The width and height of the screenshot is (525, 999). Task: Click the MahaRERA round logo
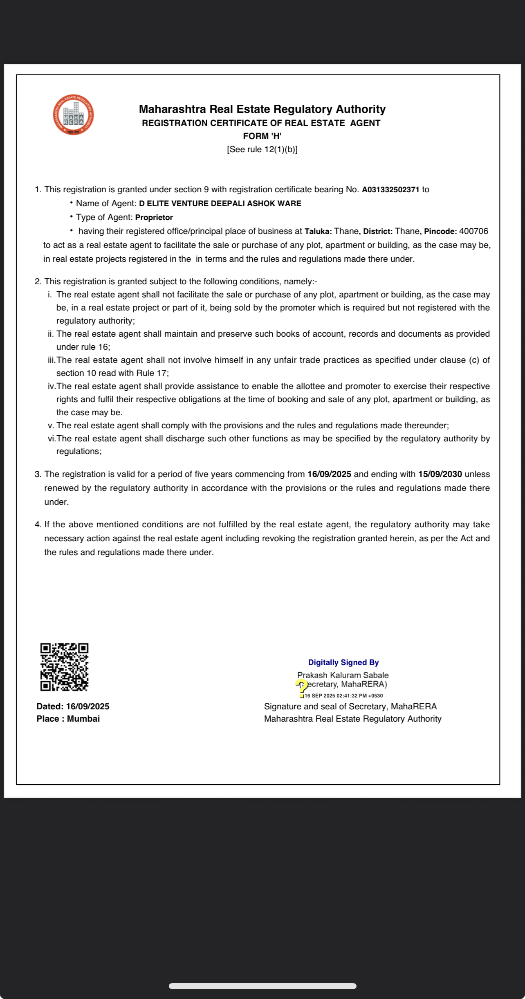coord(73,115)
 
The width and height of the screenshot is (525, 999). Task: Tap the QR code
coord(64,667)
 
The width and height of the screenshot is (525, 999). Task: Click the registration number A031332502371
coord(390,190)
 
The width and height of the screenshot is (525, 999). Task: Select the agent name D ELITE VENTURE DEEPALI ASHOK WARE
coord(220,204)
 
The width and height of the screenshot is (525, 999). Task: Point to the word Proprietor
coord(154,218)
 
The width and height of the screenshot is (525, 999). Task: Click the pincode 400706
coord(473,232)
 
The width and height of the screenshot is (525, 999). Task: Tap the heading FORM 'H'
coord(262,136)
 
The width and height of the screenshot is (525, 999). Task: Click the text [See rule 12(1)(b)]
coord(262,150)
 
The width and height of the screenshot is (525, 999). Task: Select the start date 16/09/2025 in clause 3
coord(329,475)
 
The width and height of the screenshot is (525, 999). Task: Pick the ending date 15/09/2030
coord(440,475)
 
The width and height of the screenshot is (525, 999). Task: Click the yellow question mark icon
coord(302,686)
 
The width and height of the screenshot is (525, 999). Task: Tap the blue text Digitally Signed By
coord(343,662)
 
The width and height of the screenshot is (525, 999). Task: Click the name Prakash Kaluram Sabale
coord(343,675)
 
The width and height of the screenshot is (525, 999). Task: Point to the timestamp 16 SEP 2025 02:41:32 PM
coord(343,695)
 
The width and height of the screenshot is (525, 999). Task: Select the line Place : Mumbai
coord(68,719)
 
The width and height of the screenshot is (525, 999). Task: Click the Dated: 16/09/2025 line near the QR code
coord(73,706)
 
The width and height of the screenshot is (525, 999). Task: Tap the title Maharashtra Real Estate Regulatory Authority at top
coord(262,109)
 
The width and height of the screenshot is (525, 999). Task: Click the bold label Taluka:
coord(318,232)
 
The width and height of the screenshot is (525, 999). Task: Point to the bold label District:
coord(378,232)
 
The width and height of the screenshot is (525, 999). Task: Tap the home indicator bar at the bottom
coord(262,986)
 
